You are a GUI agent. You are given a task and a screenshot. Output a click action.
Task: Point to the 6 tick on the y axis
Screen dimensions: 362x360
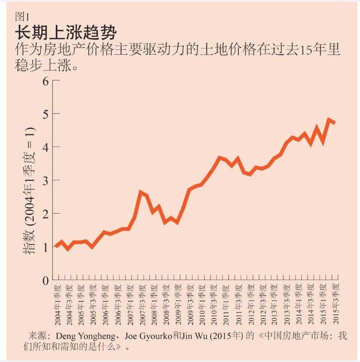tap(46, 80)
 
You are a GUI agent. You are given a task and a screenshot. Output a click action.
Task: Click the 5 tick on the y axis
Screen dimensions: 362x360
tap(46, 114)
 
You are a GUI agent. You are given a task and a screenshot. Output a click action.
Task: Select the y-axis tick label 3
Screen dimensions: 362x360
tap(46, 180)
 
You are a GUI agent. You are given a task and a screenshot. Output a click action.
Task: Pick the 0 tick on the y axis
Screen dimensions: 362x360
tap(46, 281)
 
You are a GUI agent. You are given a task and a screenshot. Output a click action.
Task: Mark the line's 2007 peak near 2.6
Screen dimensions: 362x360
tap(141, 192)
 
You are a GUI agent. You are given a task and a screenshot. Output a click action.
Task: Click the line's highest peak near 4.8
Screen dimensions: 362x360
tap(329, 119)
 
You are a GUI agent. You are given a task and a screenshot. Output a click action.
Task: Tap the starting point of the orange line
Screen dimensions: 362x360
tap(56, 246)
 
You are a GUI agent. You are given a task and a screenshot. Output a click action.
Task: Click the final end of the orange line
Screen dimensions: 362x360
tap(335, 123)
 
